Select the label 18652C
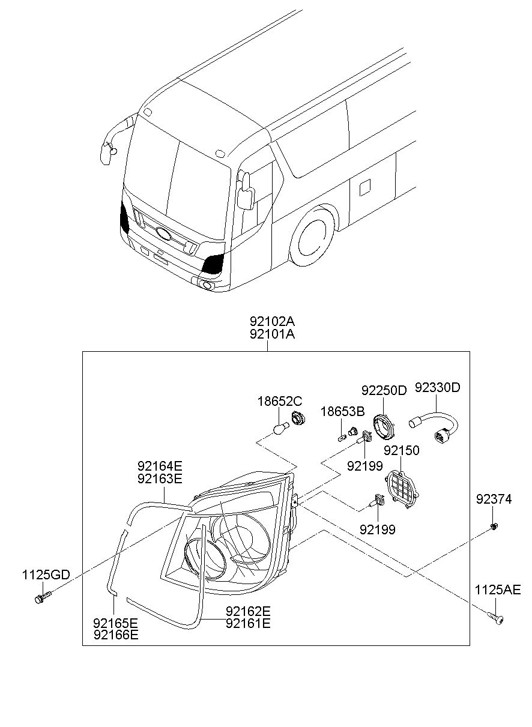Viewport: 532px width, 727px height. pyautogui.click(x=280, y=400)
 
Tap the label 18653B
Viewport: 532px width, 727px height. pyautogui.click(x=342, y=411)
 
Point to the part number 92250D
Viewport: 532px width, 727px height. pyautogui.click(x=384, y=390)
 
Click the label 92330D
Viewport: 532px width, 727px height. pyautogui.click(x=437, y=387)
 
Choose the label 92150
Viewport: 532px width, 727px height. pyautogui.click(x=401, y=450)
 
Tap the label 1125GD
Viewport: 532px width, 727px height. pyautogui.click(x=46, y=575)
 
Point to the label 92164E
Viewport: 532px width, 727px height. pyautogui.click(x=160, y=465)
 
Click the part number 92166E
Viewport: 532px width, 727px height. pyautogui.click(x=115, y=634)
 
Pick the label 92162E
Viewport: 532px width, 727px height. pyautogui.click(x=248, y=611)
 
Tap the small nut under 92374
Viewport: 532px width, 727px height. pyautogui.click(x=493, y=526)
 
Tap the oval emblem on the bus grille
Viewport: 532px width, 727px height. pyautogui.click(x=164, y=234)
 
